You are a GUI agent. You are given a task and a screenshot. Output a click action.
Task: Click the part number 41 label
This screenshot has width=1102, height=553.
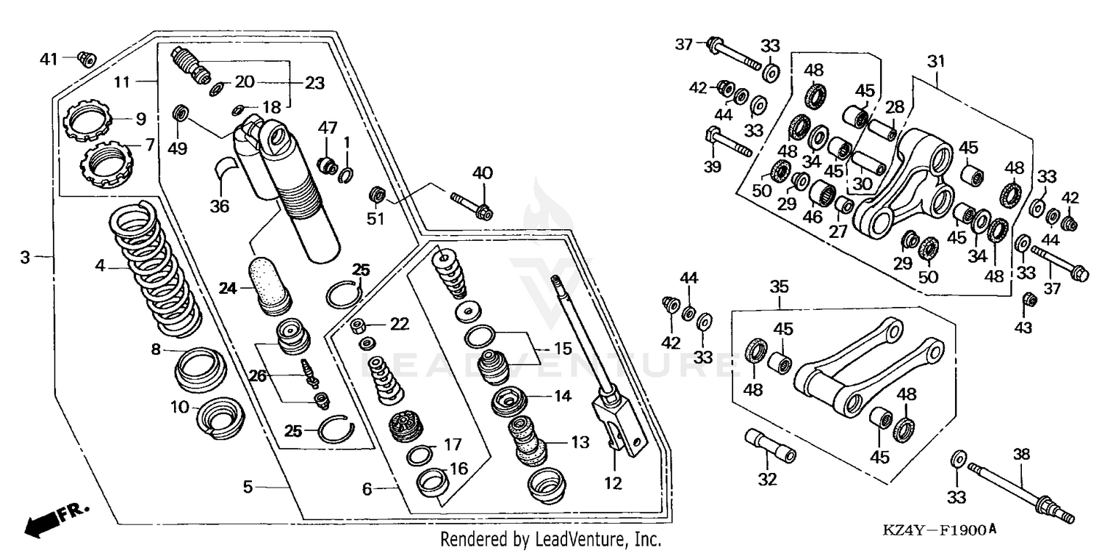coord(48,57)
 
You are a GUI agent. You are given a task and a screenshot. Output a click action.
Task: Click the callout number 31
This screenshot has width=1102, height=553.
coord(936,63)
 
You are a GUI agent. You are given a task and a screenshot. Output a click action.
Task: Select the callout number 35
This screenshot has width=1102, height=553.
coord(779,286)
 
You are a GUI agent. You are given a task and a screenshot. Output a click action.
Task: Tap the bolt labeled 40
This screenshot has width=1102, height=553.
coord(472,204)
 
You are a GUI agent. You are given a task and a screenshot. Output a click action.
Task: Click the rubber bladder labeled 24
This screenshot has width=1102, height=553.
coord(271,283)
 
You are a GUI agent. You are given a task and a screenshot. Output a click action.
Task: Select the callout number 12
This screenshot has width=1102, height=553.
coord(613,483)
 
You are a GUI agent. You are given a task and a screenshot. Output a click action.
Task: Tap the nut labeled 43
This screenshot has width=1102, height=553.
coord(1030,299)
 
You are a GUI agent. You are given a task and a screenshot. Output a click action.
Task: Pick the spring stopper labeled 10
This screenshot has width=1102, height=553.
coord(220,420)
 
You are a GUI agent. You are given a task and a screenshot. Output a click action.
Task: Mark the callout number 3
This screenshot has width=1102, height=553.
coord(26,257)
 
